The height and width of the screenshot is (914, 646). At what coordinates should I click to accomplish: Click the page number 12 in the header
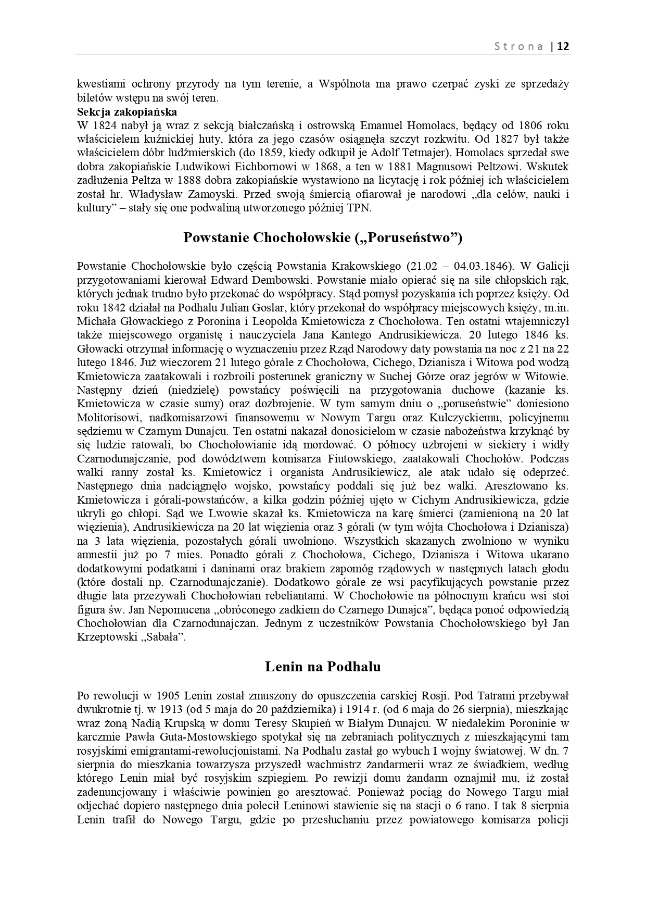coord(563,46)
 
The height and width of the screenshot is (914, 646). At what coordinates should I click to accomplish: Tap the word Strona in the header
coord(518,46)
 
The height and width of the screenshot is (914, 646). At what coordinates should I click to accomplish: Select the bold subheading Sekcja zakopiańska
coord(127,111)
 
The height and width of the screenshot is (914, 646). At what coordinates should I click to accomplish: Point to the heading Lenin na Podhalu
coord(323,667)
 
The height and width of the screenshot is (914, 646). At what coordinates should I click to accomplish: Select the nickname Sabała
coord(165,637)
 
